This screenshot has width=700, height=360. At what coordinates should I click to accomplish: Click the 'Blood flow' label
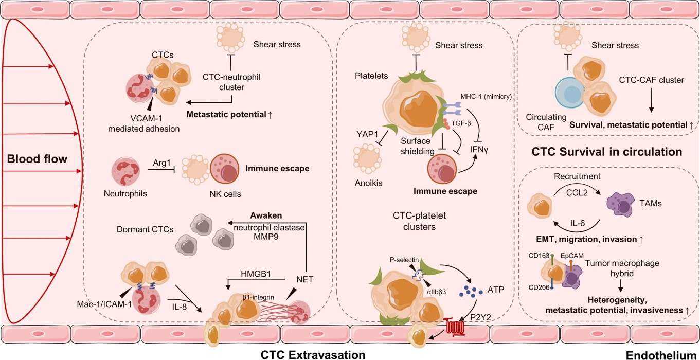click(37, 159)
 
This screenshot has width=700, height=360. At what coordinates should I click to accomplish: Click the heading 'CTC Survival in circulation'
click(606, 152)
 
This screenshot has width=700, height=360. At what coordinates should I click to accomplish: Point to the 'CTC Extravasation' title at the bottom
click(313, 354)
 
